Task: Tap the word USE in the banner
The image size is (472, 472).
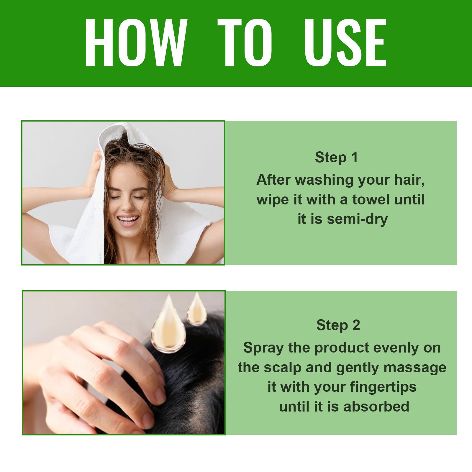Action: [x=345, y=43]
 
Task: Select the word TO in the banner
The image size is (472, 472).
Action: [x=245, y=43]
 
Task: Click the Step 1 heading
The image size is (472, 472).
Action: [x=336, y=157]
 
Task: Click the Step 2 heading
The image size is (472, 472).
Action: [x=338, y=325]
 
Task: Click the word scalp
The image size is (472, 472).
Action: [x=283, y=368]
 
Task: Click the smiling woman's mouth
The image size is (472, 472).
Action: [x=128, y=220]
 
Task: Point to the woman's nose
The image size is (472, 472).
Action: [x=127, y=205]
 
